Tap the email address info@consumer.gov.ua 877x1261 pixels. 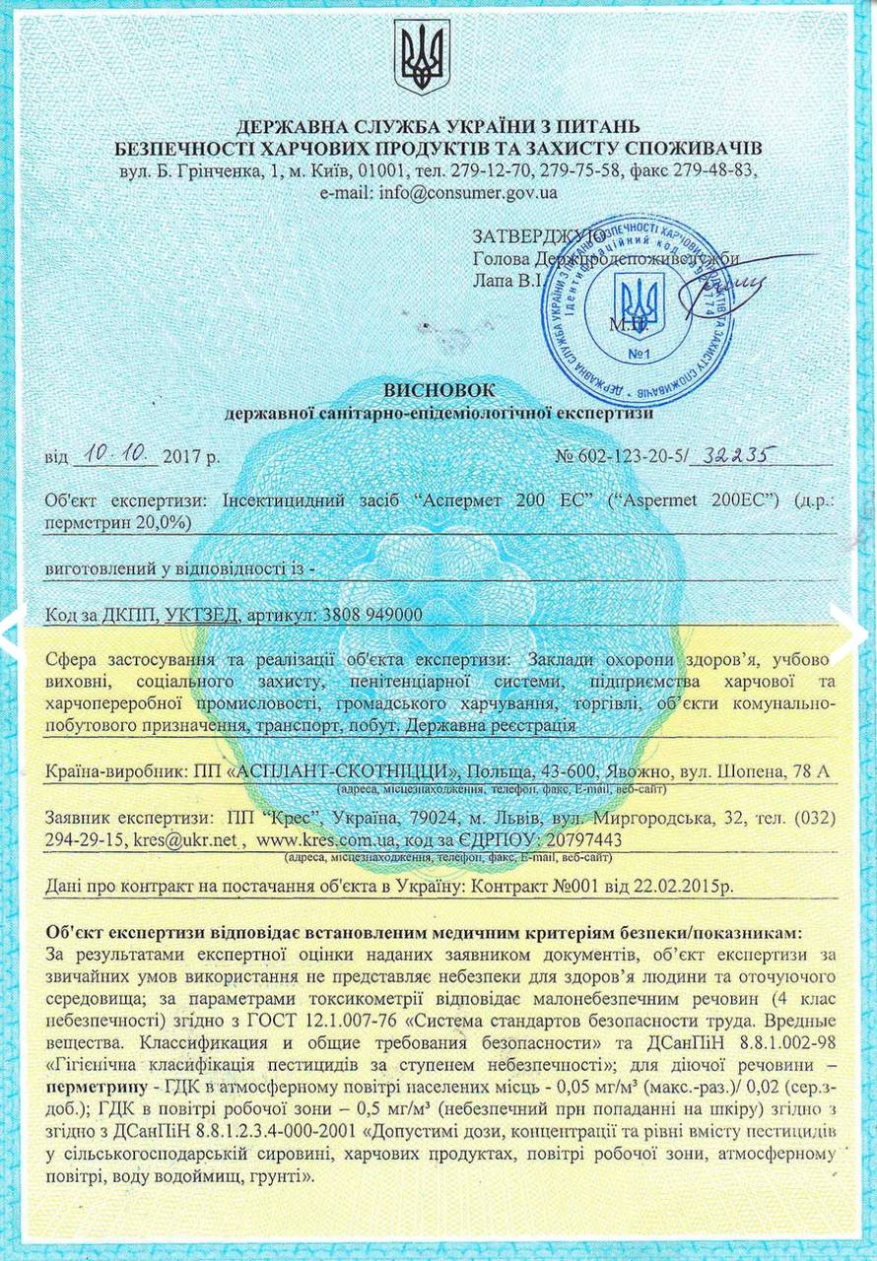click(466, 192)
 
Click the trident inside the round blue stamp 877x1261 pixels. click(639, 302)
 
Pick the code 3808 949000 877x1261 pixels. click(372, 615)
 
